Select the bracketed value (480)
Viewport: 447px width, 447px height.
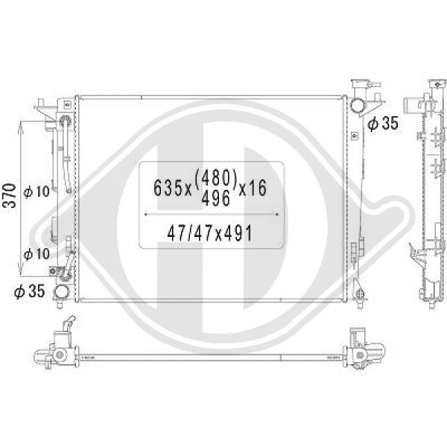[215, 179]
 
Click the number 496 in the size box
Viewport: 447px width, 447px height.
[215, 198]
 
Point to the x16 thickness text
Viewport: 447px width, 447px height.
[253, 188]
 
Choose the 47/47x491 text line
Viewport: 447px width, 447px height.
[210, 233]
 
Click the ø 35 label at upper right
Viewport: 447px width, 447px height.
[383, 123]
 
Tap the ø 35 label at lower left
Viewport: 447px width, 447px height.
[30, 291]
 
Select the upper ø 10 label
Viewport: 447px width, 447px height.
[37, 191]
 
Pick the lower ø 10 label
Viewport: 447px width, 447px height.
[37, 254]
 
